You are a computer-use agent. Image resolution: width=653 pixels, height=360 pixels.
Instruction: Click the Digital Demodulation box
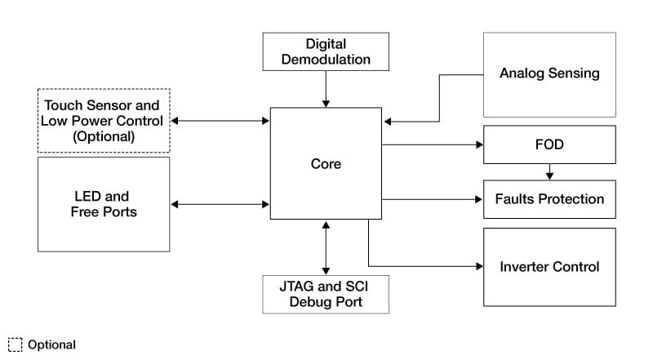(326, 51)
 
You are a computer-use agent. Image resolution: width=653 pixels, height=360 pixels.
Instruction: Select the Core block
(326, 163)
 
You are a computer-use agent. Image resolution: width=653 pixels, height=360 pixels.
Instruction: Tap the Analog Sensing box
(549, 74)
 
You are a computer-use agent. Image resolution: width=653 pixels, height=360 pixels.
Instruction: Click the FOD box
(549, 144)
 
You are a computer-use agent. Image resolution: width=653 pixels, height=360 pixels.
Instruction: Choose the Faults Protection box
(549, 199)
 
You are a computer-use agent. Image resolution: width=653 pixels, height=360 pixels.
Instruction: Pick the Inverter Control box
(549, 267)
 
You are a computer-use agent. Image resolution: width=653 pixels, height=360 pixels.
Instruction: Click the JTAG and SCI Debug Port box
(326, 294)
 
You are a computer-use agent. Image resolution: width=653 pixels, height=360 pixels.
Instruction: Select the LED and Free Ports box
(104, 204)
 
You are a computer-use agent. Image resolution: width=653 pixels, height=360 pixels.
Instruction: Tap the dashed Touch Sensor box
(104, 121)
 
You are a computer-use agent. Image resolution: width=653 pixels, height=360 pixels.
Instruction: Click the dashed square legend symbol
(16, 344)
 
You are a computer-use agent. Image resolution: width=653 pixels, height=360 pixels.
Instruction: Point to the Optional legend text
(51, 344)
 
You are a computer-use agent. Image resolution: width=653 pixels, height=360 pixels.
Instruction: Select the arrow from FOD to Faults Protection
(549, 171)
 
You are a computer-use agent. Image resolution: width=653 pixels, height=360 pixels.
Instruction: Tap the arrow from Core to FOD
(433, 145)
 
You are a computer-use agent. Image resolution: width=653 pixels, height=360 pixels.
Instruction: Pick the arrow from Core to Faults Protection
(433, 199)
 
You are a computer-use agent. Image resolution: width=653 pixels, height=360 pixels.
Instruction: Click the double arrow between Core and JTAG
(326, 247)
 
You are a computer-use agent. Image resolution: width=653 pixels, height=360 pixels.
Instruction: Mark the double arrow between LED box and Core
(220, 204)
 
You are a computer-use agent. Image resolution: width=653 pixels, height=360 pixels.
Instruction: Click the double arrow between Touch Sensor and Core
(220, 121)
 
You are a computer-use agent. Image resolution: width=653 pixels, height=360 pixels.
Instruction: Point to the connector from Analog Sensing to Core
(439, 98)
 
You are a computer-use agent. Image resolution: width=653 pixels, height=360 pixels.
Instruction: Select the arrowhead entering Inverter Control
(478, 266)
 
